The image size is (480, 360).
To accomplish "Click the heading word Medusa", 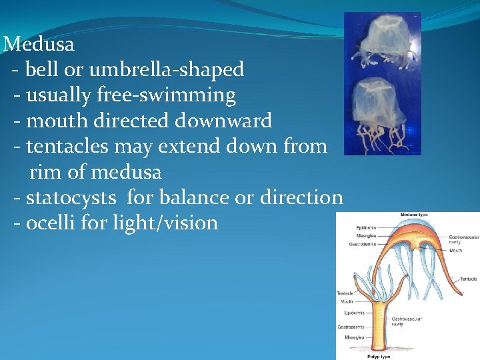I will pos(39,45).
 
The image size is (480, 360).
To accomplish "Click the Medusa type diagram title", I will pos(414,215).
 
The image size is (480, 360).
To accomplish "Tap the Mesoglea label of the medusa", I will pos(366,235).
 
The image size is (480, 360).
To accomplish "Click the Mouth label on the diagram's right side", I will pos(455,251).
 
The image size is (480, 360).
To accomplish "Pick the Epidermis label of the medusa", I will pos(366,228).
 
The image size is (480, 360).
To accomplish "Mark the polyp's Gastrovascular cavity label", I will pos(406,321).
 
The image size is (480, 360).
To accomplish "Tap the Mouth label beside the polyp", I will pos(346,301).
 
